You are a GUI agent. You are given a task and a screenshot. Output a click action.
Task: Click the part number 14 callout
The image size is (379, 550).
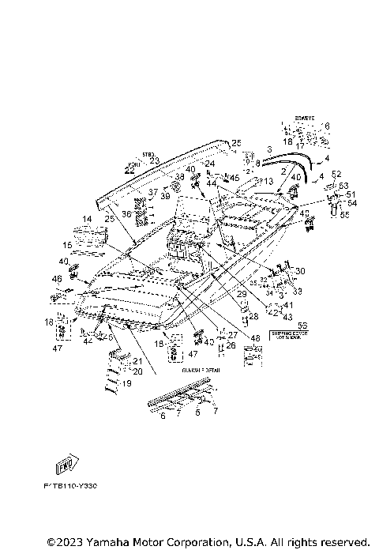point(87,219)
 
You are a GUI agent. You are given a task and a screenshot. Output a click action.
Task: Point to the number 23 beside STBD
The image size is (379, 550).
point(154,160)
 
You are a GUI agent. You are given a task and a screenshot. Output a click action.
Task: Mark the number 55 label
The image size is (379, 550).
point(343,215)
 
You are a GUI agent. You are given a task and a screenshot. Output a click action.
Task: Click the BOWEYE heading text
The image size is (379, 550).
point(305,118)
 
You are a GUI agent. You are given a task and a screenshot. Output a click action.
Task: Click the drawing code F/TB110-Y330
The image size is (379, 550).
point(71,500)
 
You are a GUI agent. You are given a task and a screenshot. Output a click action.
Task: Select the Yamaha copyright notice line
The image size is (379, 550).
point(208,542)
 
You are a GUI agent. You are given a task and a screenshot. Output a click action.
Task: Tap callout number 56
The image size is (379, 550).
point(302,325)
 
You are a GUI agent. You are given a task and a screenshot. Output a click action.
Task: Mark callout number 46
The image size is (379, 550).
point(57,279)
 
